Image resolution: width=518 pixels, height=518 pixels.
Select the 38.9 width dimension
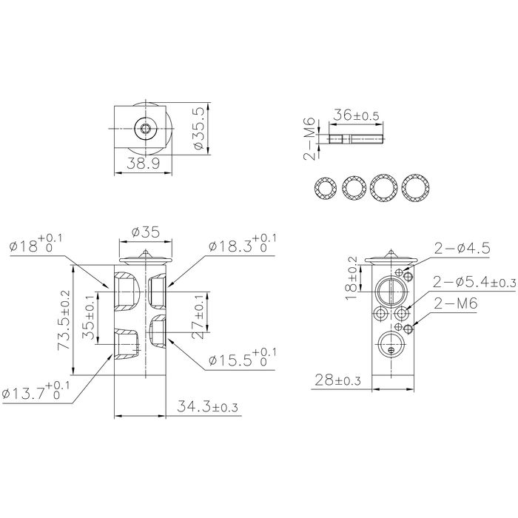click(x=144, y=164)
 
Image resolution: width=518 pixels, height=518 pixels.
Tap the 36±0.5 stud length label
click(x=356, y=115)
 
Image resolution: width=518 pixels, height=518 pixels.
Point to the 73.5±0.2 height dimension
click(x=64, y=320)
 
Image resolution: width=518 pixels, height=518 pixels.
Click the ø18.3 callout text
click(x=242, y=243)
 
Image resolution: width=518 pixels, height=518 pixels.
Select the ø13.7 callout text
click(x=36, y=391)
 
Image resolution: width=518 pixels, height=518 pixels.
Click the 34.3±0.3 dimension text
click(x=207, y=406)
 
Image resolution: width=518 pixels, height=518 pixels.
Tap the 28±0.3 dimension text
click(x=337, y=380)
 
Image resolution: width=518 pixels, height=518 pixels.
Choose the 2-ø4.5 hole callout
click(x=462, y=249)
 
